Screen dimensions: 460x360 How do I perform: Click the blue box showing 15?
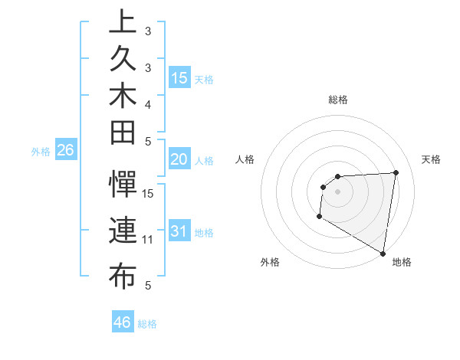coord(179,78)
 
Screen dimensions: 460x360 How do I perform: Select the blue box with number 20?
coord(179,159)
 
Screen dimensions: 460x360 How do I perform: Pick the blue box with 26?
coord(65,150)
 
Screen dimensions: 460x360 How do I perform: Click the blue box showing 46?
coord(122,322)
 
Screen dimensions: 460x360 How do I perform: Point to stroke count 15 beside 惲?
coord(149,193)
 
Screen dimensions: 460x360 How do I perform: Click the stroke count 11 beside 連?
coord(149,239)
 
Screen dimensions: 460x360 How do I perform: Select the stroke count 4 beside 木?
coord(149,104)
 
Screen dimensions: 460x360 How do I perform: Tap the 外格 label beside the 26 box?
coord(41,152)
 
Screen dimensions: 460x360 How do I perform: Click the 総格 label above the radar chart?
coord(338,100)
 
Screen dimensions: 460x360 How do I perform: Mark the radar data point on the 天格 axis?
coord(396,172)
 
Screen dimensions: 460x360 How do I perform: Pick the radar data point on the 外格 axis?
coord(318,218)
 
